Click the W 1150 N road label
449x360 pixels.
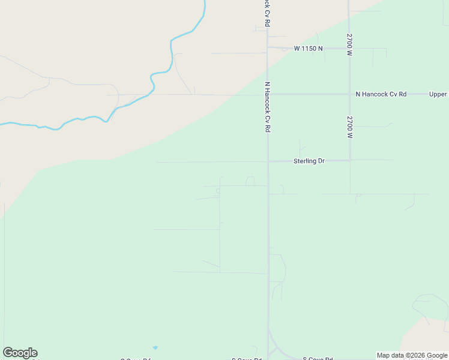308,48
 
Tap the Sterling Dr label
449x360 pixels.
309,161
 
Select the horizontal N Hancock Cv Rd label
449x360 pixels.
381,94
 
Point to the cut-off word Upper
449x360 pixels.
438,94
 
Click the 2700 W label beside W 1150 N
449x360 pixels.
349,45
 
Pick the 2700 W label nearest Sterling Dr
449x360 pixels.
349,128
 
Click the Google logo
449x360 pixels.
20,353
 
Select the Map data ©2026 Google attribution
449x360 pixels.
411,355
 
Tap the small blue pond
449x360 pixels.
155,347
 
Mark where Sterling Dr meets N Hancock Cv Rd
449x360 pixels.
268,161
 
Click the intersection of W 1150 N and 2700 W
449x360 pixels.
349,48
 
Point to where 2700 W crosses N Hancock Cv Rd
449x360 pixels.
349,94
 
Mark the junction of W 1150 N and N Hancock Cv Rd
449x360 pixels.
268,47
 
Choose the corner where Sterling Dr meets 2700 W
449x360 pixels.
350,160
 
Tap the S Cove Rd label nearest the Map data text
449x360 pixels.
318,358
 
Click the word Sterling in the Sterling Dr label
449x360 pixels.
304,161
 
